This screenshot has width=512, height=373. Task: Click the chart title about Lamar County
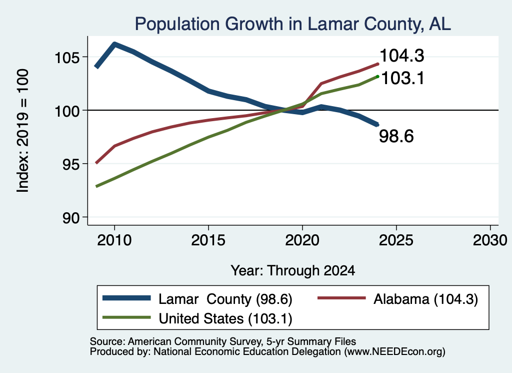pos(292,24)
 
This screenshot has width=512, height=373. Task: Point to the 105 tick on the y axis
pos(67,58)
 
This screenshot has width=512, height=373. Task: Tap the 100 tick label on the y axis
pos(67,112)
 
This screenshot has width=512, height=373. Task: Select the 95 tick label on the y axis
pos(71,164)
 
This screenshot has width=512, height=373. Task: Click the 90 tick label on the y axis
pos(71,218)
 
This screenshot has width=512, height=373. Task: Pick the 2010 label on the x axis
pos(114,240)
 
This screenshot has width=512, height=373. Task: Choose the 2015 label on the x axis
pos(208,240)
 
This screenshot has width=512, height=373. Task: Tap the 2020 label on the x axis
pos(302,240)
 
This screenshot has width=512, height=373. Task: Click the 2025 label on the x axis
pos(396,240)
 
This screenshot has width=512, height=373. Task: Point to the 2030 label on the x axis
pos(490,240)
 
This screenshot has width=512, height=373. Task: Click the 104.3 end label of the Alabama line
pos(402,55)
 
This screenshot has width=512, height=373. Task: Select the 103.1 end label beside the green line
pos(402,78)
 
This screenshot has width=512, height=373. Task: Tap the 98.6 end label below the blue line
pos(396,136)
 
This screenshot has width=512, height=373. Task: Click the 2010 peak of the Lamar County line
pos(114,44)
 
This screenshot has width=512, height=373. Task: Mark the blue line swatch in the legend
pos(126,298)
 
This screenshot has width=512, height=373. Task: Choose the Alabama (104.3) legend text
pos(426,299)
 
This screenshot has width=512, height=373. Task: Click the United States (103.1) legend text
pos(225,319)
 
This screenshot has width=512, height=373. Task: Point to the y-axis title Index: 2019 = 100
pos(23,131)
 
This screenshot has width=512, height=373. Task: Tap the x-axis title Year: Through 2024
pos(293,271)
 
